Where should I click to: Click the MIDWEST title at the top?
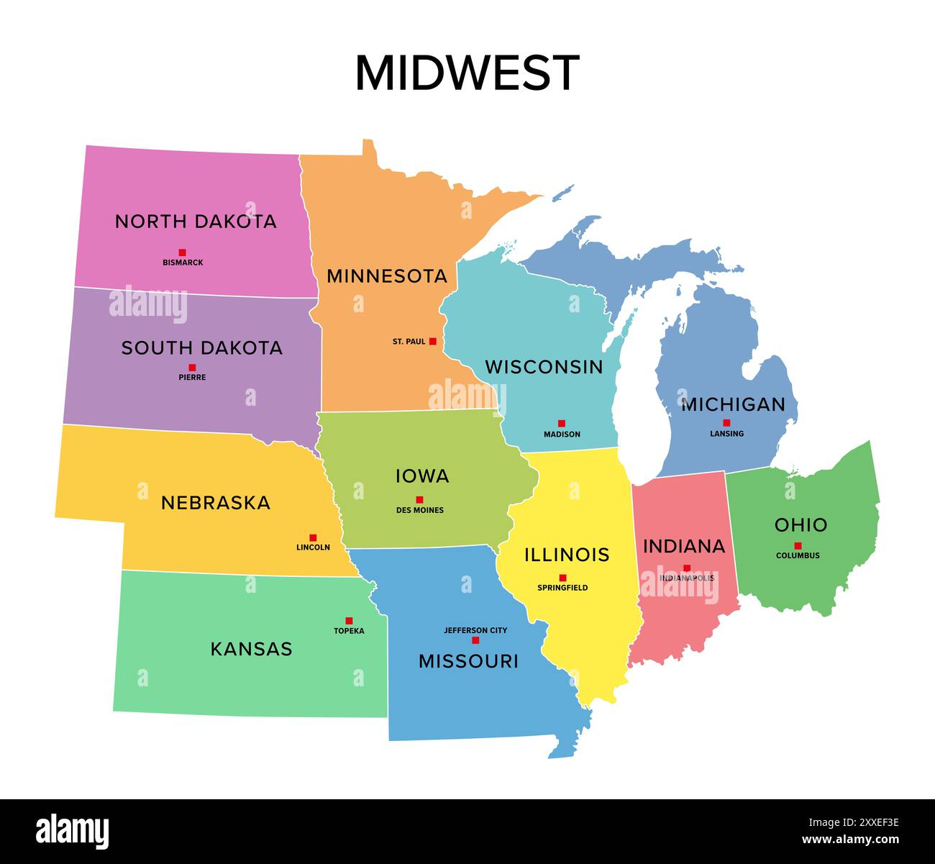click(x=467, y=73)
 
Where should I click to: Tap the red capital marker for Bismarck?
click(x=183, y=253)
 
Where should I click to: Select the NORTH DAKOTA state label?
click(x=196, y=222)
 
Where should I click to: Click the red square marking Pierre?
click(x=192, y=368)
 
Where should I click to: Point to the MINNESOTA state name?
click(x=387, y=276)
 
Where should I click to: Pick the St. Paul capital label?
click(x=409, y=342)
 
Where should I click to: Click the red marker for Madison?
click(x=562, y=424)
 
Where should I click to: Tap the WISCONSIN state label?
click(x=544, y=367)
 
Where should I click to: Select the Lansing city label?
click(x=726, y=434)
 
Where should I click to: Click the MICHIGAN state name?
click(x=733, y=404)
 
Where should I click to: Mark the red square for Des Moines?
click(x=419, y=500)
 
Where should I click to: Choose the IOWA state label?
click(x=422, y=476)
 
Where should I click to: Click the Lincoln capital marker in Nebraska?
click(x=313, y=537)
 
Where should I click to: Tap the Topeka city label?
click(x=349, y=631)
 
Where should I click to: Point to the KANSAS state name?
click(x=251, y=649)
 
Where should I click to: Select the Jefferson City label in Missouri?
click(x=475, y=630)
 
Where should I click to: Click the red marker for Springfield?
click(x=562, y=578)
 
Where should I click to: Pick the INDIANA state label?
click(x=684, y=547)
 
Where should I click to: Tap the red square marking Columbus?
click(x=798, y=546)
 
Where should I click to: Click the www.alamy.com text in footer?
click(x=851, y=840)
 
